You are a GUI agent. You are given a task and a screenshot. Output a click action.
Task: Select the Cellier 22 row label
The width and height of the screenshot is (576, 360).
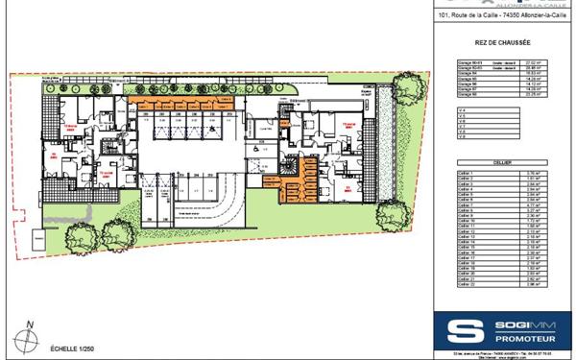[x=468, y=285]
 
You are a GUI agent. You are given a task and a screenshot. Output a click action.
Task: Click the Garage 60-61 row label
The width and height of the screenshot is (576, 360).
[x=468, y=60]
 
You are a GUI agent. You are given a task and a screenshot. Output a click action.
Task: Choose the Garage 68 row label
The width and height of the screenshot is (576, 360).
[x=467, y=95]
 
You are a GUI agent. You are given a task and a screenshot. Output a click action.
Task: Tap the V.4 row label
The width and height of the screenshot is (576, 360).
[x=463, y=109]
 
